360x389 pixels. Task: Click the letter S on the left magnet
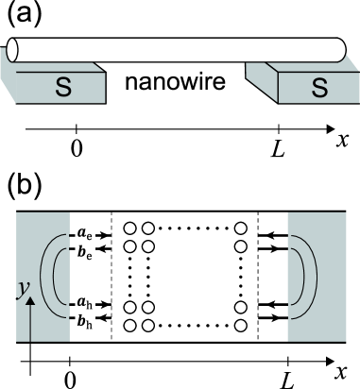62,88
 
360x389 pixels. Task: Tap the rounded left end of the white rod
12,50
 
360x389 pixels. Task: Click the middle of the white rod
177,50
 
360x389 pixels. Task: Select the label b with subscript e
85,253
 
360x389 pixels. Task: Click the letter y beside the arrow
21,288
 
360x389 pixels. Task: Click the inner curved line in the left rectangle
59,276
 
